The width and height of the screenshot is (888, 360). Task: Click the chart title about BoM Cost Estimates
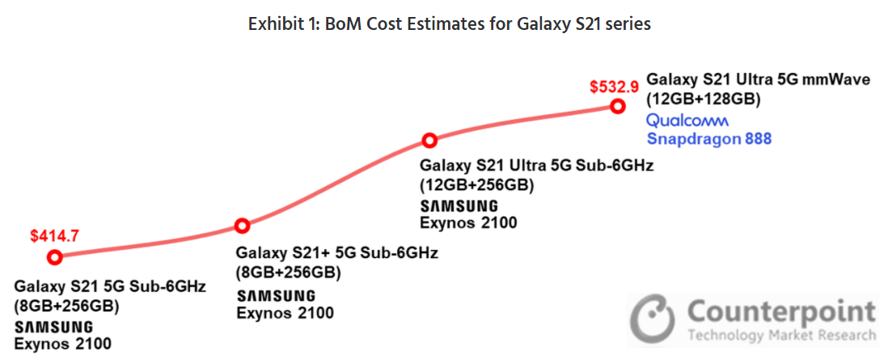point(449,24)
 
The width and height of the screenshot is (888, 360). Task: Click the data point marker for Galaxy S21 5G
point(55,257)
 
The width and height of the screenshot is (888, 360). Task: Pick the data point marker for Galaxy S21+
point(241,226)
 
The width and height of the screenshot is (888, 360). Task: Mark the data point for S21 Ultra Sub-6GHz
point(429,141)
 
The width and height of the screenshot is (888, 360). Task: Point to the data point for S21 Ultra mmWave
point(618,106)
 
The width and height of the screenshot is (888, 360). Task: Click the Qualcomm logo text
point(687,121)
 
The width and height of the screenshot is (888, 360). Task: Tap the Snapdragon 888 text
point(709,138)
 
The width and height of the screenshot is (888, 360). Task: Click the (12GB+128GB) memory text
point(703,99)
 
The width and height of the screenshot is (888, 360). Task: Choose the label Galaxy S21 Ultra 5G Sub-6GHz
point(536,166)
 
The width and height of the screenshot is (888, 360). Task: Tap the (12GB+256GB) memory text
point(477,184)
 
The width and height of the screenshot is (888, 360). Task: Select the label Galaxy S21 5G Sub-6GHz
point(110,287)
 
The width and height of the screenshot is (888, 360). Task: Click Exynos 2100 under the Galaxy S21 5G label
point(62,344)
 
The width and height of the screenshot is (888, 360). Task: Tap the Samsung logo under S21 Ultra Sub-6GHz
point(459,206)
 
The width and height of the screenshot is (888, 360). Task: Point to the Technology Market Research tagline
point(780,335)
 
